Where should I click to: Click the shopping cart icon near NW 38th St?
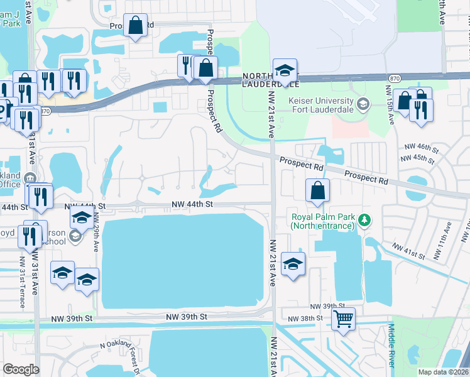[x=343, y=319]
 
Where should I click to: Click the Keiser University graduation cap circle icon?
[x=363, y=103]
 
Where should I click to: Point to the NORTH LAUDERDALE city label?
[x=271, y=80]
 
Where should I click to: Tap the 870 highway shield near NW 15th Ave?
[x=395, y=77]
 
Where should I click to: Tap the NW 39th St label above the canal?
[x=187, y=318]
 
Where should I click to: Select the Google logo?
[x=21, y=369]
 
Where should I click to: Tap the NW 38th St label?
[x=304, y=319]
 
